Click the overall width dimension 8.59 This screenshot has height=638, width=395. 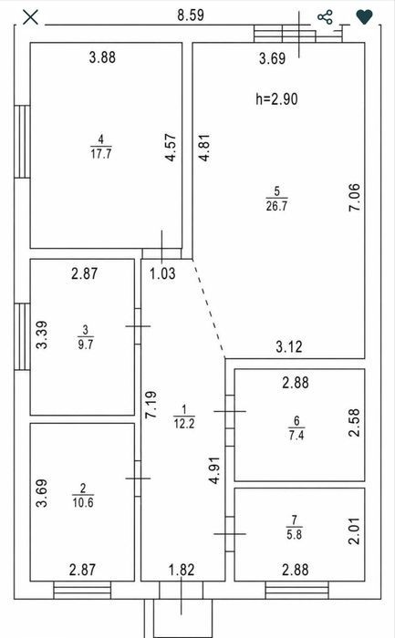[x=191, y=15]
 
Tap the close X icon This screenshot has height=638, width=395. [x=30, y=17]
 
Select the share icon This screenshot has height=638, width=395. [x=325, y=17]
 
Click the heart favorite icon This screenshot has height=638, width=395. [x=365, y=17]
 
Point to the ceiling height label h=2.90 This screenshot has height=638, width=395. [x=277, y=98]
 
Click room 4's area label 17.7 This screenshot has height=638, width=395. [x=101, y=154]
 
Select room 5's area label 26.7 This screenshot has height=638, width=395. [x=277, y=205]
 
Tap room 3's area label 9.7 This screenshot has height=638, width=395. [x=86, y=344]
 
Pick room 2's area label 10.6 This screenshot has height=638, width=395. [x=83, y=502]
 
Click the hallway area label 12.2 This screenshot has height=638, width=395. [x=184, y=423]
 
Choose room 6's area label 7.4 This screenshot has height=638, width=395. [x=296, y=435]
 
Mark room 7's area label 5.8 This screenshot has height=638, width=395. [x=295, y=534]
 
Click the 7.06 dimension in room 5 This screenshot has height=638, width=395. [x=355, y=197]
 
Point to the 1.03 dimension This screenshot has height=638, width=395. [x=162, y=273]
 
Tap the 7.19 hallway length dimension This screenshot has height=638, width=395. [x=151, y=405]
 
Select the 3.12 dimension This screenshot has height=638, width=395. [x=289, y=346]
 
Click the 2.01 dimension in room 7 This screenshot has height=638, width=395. [x=355, y=530]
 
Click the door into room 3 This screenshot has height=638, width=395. [x=138, y=326]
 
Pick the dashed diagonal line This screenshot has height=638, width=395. [x=209, y=308]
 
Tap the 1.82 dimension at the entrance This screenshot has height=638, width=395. [x=182, y=570]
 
